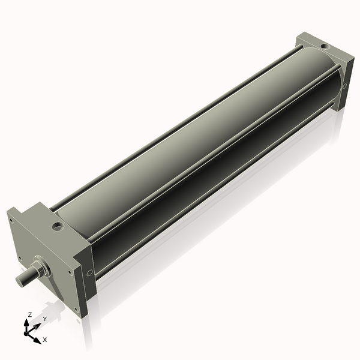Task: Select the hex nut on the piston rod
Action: coord(41,267)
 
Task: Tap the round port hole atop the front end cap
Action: coord(58,227)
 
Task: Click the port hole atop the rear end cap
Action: coord(325,46)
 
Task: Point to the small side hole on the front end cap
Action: coord(89,273)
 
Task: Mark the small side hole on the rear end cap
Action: coord(344,86)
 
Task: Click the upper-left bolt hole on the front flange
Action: coord(11,220)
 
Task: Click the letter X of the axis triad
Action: coord(45,340)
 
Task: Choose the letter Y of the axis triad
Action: coord(44,319)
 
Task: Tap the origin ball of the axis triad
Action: coord(27,331)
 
